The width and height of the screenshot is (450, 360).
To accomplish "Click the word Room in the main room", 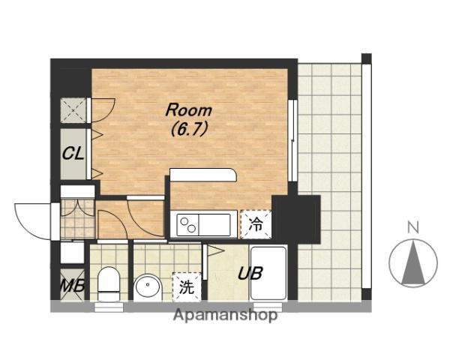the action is point(188,110).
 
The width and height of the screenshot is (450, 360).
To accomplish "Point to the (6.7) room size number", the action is point(189,130).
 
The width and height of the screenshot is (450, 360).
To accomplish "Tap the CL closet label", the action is point(73,154).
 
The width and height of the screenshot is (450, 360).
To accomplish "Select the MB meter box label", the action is point(73,285).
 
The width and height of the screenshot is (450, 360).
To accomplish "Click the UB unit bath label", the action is point(250,273).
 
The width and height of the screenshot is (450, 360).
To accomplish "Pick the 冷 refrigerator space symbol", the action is point(256,224).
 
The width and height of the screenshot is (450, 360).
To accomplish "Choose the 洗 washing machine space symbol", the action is point(187,286).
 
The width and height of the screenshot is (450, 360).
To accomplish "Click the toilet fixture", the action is point(109,284).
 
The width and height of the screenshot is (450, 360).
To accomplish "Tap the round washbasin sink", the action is point(148,288).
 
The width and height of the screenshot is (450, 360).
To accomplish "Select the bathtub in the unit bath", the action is point(268,273).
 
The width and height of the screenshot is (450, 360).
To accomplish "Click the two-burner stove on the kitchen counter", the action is point(188,225).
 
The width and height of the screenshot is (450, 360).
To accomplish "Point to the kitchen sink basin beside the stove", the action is point(214,225).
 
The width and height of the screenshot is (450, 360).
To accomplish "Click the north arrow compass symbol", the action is point(413,263).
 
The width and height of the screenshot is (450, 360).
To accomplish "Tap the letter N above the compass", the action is point(413,227).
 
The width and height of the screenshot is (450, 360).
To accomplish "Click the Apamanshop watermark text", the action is point(225,315).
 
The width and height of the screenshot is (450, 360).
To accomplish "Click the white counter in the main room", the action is point(203,175).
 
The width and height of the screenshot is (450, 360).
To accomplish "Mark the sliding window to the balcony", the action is point(292,140).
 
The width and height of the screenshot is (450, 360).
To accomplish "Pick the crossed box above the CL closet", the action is point(73,110).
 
